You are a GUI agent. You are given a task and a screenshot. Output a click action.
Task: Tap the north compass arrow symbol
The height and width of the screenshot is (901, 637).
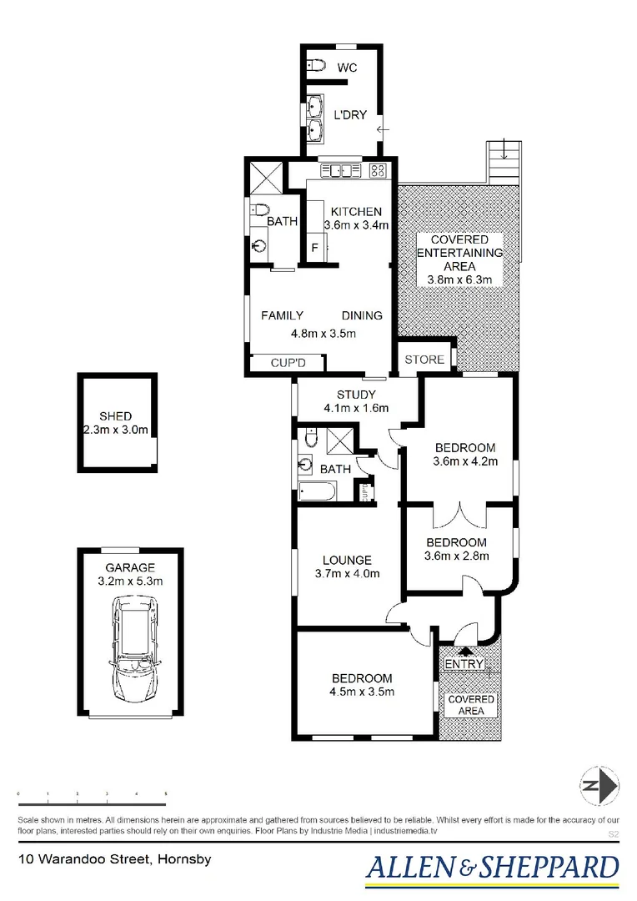point(599,785)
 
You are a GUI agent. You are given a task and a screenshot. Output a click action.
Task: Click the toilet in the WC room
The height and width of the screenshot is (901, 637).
point(315,64)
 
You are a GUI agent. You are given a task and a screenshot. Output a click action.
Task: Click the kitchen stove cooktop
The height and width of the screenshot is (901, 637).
point(377,171)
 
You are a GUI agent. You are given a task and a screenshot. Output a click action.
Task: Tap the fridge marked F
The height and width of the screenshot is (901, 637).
point(315,248)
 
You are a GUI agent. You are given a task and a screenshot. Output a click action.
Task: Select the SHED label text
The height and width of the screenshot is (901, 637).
point(115,416)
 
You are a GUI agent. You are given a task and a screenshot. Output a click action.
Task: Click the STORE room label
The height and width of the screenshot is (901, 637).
point(424,360)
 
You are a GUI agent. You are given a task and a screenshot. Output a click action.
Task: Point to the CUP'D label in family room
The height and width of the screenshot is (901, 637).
point(288,363)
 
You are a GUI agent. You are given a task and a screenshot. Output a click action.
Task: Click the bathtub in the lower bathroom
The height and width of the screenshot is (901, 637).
point(316,491)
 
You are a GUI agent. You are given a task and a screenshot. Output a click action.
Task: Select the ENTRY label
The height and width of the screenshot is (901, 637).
point(464,664)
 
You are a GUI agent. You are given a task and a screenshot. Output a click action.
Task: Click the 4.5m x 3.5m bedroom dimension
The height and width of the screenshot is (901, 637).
point(361,692)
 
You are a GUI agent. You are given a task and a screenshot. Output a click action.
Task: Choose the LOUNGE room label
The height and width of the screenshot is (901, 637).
point(347,560)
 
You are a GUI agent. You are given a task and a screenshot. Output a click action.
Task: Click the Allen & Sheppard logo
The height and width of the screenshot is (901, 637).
point(494,868)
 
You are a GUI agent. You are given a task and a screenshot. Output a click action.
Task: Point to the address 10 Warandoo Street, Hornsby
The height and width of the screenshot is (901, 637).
point(105,858)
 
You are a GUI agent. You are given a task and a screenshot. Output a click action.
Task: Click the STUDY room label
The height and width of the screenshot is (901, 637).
point(356,395)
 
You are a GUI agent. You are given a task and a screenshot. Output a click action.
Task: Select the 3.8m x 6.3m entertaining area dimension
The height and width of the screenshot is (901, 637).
point(459,279)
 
